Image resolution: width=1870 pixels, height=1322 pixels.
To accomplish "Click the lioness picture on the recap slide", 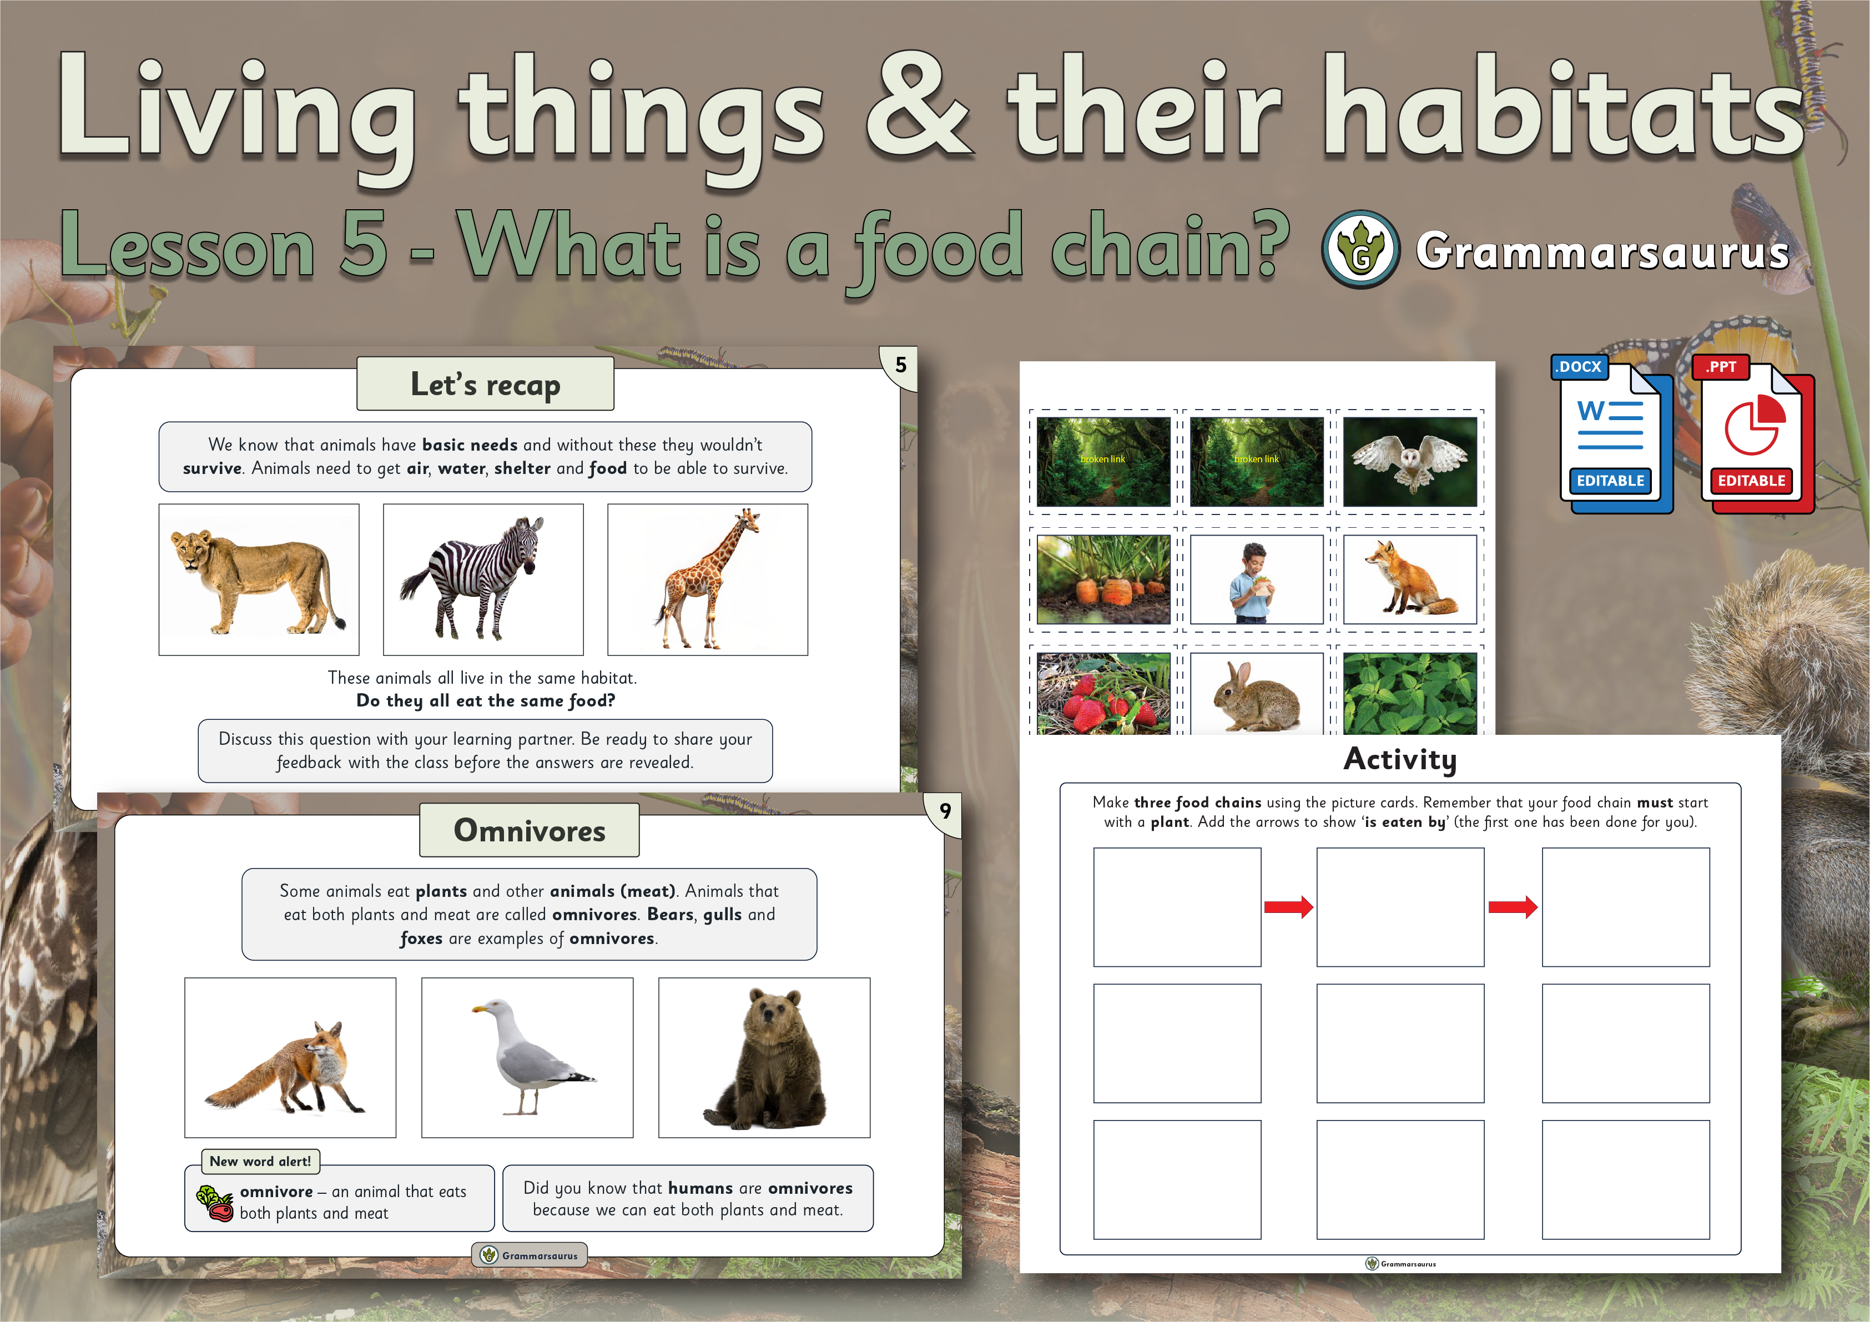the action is point(259,579).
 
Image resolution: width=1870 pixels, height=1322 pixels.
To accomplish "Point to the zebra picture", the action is point(483,579).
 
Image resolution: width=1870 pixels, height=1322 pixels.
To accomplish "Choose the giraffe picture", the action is point(708,579).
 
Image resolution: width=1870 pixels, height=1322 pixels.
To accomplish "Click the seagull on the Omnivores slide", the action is point(527,1057).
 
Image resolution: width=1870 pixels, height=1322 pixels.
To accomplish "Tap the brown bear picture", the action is point(764,1057).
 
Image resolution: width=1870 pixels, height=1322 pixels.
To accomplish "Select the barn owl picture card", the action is point(1410,462).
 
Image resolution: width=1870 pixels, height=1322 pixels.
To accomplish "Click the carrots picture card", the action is point(1103,579).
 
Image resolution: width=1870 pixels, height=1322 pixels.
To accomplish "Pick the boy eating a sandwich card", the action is point(1257,579).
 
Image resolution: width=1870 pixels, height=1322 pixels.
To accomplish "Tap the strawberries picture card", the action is point(1103,693).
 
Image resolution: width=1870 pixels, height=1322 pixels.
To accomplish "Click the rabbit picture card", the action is point(1257,693).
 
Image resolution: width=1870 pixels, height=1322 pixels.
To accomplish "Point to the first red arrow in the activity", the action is point(1288,906).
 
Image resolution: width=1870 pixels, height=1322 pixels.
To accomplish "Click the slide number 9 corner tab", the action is point(945,812).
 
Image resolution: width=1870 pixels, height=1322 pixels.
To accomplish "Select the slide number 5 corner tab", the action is point(900,366).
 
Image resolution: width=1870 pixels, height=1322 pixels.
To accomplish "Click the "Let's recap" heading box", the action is point(486,384).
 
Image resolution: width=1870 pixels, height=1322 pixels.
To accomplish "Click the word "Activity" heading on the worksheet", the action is point(1400,759).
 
